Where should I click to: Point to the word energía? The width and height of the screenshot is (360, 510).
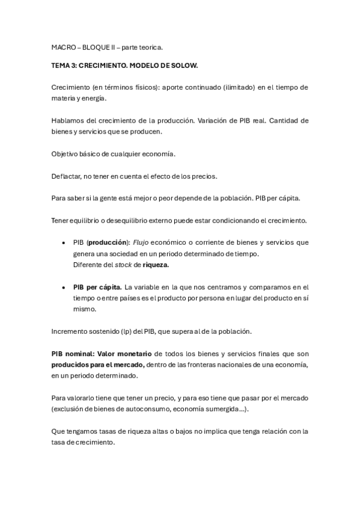(93, 97)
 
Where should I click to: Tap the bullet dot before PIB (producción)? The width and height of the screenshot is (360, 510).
(64, 243)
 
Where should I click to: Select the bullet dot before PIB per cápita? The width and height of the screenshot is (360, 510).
(64, 287)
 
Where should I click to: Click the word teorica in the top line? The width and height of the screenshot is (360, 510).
(149, 46)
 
